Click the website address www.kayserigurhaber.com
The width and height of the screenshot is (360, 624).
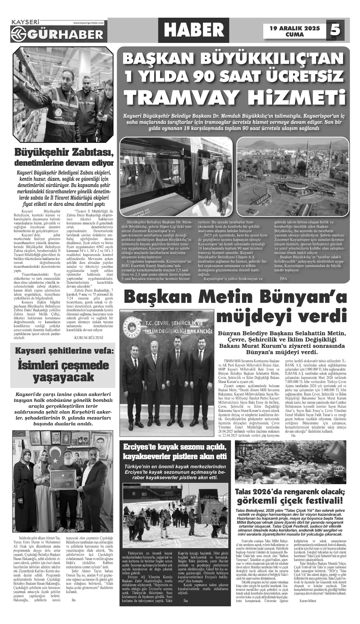tap(88, 23)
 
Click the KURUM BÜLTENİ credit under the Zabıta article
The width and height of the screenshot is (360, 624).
tap(89, 338)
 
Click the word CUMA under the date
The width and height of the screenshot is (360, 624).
tap(294, 35)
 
